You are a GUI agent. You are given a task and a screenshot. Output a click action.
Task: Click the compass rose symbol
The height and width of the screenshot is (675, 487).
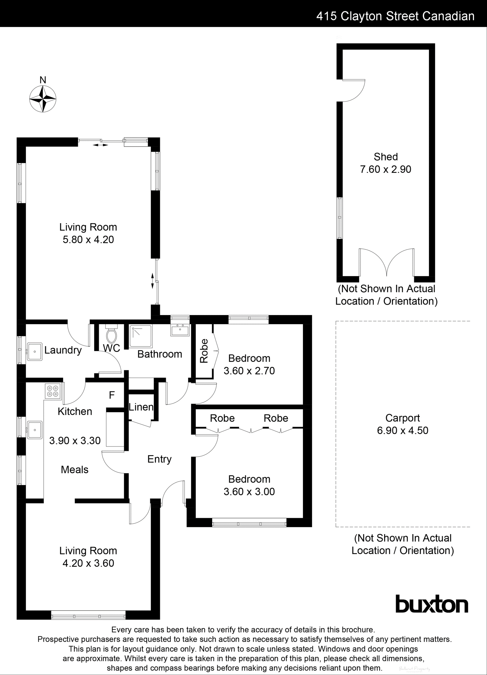(x=43, y=99)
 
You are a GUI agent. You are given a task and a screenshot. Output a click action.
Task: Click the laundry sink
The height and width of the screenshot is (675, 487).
(x=35, y=352)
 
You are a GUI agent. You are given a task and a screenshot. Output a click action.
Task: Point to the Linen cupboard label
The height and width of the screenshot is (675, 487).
(x=141, y=407)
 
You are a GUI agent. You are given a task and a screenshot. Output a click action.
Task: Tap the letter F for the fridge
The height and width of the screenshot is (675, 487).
(x=112, y=395)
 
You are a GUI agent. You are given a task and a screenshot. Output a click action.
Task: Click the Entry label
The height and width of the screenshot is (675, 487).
(x=159, y=459)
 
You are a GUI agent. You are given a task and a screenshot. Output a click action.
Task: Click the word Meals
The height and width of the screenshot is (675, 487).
(x=75, y=470)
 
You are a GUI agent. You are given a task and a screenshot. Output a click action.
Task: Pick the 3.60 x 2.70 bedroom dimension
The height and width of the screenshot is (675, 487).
(x=249, y=371)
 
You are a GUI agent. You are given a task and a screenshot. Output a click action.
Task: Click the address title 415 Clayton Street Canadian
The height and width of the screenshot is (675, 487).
(x=395, y=16)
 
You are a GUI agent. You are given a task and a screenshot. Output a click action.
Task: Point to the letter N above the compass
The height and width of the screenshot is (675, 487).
(x=43, y=80)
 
